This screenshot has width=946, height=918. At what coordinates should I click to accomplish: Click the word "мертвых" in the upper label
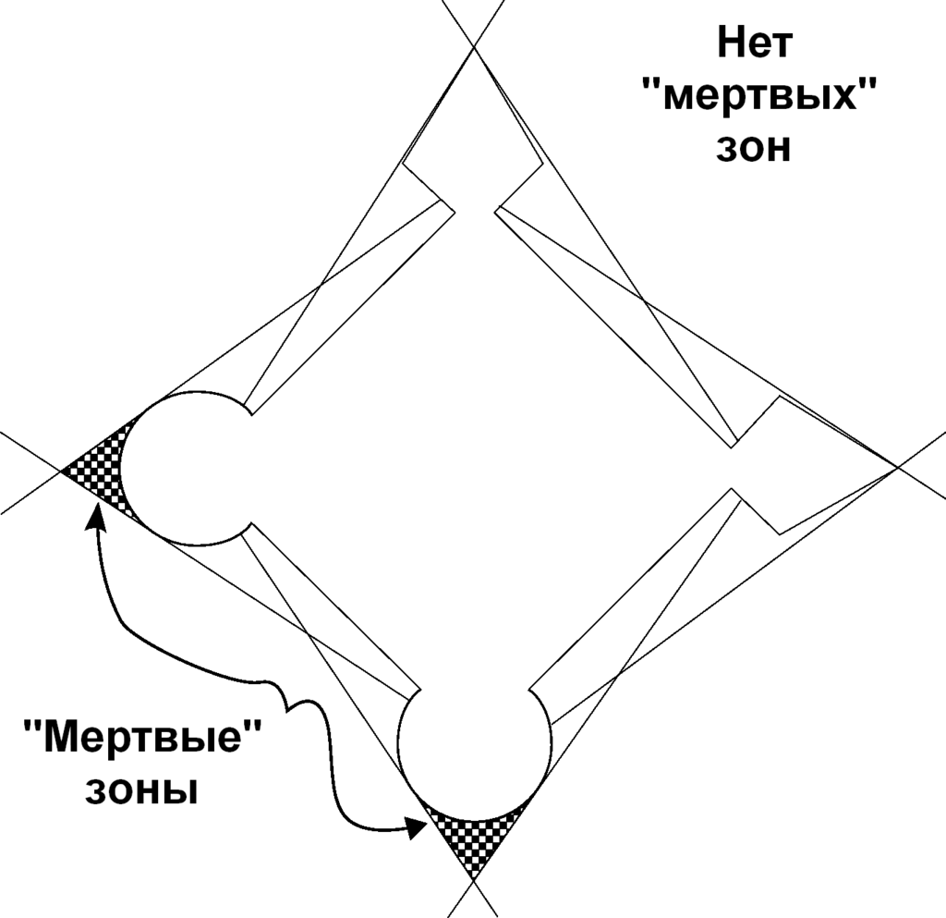(x=758, y=94)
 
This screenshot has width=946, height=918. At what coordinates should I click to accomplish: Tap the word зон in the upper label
(x=754, y=147)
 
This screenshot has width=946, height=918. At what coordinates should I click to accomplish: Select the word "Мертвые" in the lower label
(x=143, y=736)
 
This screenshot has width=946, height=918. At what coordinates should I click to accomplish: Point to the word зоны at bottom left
(x=141, y=789)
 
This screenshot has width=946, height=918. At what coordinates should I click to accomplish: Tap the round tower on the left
(x=184, y=468)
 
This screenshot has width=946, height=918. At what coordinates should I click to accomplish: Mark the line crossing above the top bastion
(x=474, y=44)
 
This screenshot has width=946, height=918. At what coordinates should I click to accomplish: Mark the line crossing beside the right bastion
(x=898, y=467)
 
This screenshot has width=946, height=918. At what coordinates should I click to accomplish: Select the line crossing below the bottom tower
(x=474, y=881)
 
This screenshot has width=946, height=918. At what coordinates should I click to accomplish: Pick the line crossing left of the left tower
(x=60, y=471)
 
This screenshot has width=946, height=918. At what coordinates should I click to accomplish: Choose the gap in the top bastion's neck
(x=474, y=212)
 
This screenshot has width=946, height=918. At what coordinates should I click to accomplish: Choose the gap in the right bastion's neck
(x=732, y=468)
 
